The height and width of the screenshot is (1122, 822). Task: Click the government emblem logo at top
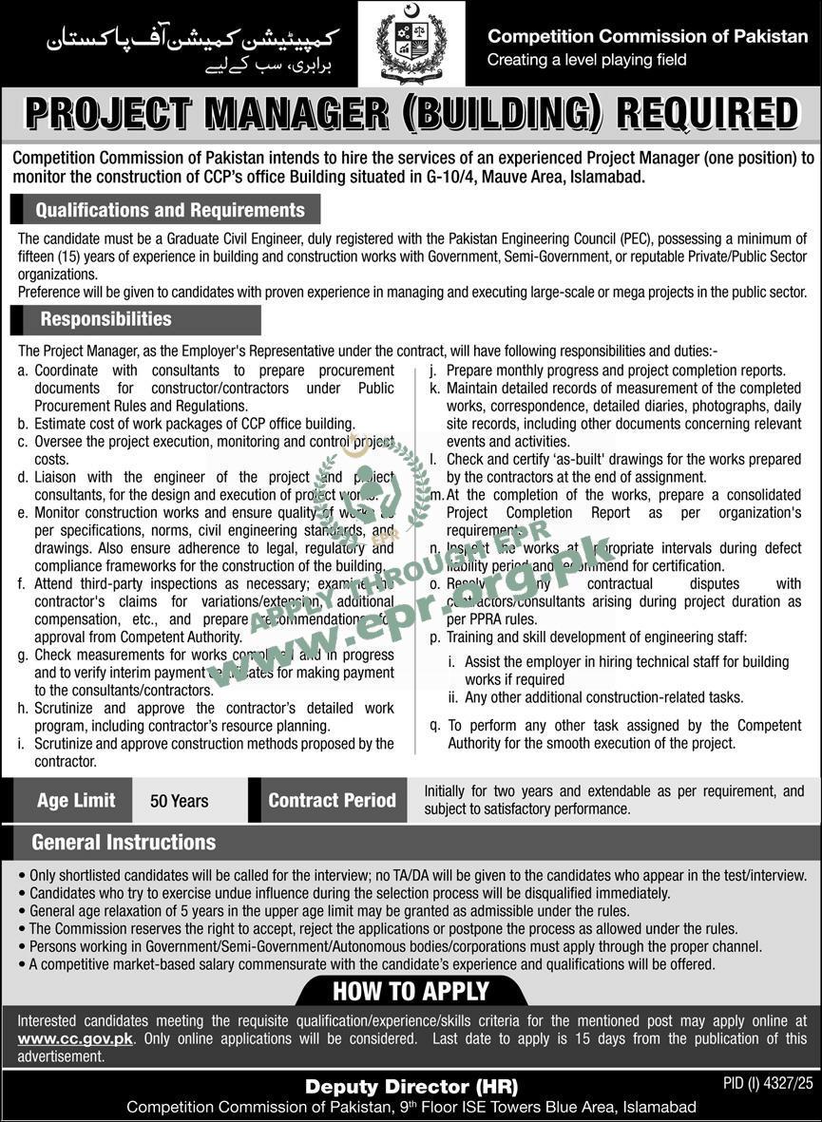click(x=411, y=44)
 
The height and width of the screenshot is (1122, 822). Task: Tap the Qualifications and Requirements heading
click(x=170, y=210)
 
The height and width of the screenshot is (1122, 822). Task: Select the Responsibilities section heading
click(x=105, y=319)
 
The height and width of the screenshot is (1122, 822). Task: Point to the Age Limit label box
click(x=76, y=801)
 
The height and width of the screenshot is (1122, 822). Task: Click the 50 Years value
click(x=180, y=801)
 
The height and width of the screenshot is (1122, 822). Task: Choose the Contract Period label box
click(x=332, y=801)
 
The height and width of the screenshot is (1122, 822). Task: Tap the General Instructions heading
click(x=124, y=843)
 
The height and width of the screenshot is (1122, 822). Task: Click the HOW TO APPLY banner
click(x=411, y=991)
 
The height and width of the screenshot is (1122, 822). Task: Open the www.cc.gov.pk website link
click(x=75, y=1038)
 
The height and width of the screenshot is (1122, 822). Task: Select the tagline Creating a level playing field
click(x=585, y=60)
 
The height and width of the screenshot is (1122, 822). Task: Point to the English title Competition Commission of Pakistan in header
click(x=648, y=36)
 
